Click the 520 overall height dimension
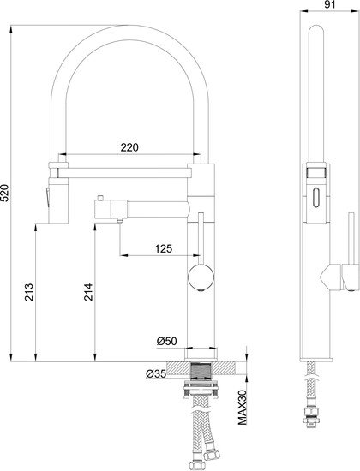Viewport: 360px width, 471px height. (x=5, y=193)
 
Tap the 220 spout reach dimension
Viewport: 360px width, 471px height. (x=129, y=147)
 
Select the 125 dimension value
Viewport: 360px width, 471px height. (x=164, y=248)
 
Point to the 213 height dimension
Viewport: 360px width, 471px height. (x=29, y=292)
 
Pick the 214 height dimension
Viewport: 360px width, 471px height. (x=88, y=292)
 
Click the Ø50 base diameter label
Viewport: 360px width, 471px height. (x=166, y=341)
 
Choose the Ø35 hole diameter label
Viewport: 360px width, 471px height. (x=155, y=373)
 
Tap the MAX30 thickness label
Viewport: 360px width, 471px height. (x=243, y=408)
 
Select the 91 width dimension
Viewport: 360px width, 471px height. (x=330, y=4)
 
